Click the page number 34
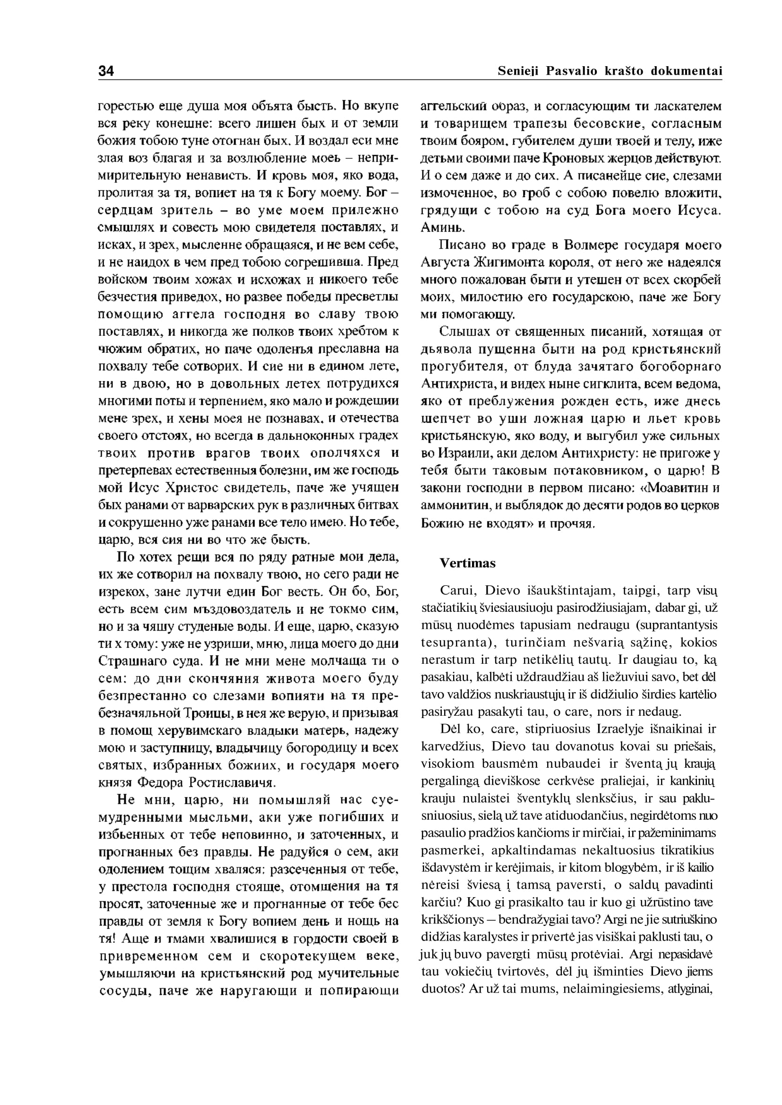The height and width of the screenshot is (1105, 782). (x=106, y=71)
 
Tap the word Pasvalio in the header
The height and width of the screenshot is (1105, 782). (x=572, y=71)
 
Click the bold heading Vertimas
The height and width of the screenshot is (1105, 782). (x=467, y=563)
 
